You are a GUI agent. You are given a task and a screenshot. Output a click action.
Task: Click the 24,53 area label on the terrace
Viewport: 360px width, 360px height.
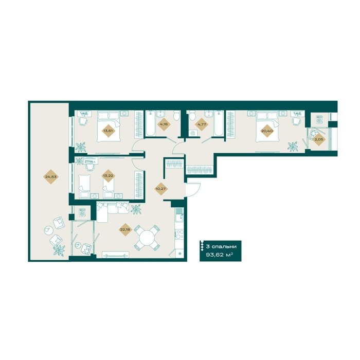[51, 177]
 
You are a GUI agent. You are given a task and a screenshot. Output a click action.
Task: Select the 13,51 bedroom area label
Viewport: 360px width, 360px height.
[109, 131]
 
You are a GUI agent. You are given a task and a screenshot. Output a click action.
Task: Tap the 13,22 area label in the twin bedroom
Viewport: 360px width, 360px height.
[109, 176]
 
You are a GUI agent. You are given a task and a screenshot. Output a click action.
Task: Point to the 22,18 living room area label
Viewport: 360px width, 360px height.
[125, 229]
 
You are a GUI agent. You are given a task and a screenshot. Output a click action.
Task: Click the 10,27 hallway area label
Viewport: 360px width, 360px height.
[160, 189]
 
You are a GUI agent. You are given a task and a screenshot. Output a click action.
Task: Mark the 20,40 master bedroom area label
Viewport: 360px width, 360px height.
[267, 131]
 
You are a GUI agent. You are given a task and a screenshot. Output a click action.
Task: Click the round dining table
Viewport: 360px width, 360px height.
[147, 238]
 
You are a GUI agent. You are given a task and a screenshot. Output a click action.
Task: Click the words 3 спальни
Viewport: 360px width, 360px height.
[221, 246]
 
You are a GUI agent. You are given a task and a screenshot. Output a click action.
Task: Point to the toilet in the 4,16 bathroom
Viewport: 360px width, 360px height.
[176, 115]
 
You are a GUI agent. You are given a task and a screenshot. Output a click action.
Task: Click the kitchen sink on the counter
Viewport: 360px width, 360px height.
[179, 214]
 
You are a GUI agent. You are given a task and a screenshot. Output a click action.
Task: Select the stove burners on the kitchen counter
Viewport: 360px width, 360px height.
[179, 234]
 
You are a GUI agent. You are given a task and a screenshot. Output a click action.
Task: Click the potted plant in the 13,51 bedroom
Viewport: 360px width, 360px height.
[81, 147]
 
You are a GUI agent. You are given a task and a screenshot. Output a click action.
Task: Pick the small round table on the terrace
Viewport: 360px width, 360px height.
[48, 230]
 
